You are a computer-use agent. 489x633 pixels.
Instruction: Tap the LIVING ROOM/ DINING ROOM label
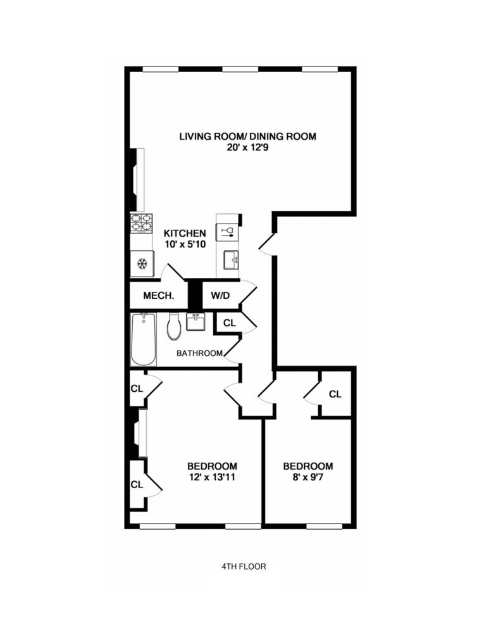click(247, 136)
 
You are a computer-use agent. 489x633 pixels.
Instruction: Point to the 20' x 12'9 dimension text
click(247, 148)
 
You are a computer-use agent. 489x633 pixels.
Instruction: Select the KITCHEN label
click(184, 233)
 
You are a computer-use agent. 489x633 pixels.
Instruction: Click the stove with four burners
click(141, 223)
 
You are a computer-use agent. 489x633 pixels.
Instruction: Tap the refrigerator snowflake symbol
click(142, 263)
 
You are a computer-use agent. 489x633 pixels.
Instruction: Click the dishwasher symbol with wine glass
click(228, 231)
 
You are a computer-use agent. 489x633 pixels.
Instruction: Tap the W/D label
click(220, 296)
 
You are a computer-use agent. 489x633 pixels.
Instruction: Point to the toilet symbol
click(174, 327)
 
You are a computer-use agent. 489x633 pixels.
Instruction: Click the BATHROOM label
click(199, 353)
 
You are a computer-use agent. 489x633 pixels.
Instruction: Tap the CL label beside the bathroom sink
click(230, 323)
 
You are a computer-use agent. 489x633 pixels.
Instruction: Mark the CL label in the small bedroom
click(335, 394)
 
